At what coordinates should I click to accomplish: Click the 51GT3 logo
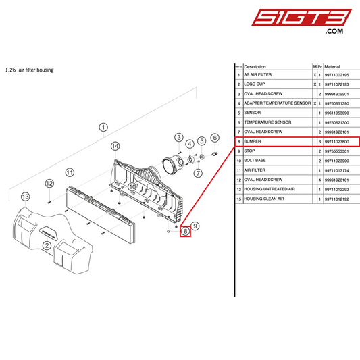(301, 21)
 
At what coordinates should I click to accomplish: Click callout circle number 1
(103, 127)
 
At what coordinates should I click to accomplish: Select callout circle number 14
(115, 146)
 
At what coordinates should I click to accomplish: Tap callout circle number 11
(70, 172)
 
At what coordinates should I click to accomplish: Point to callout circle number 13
(25, 197)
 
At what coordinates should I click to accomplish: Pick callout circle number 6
(215, 138)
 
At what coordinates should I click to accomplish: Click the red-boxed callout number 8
(185, 231)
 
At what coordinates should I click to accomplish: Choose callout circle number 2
(47, 245)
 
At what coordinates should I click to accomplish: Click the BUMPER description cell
(253, 141)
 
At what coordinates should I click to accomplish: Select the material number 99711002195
(336, 75)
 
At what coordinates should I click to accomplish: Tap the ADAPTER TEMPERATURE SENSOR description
(278, 103)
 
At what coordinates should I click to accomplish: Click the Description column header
(255, 67)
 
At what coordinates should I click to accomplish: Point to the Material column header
(332, 67)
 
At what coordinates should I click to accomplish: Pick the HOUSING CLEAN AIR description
(264, 199)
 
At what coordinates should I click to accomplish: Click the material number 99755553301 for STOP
(336, 151)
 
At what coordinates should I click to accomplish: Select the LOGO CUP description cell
(255, 84)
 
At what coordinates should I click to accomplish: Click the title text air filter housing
(36, 70)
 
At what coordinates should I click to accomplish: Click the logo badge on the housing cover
(49, 232)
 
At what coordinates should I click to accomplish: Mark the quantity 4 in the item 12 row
(319, 180)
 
